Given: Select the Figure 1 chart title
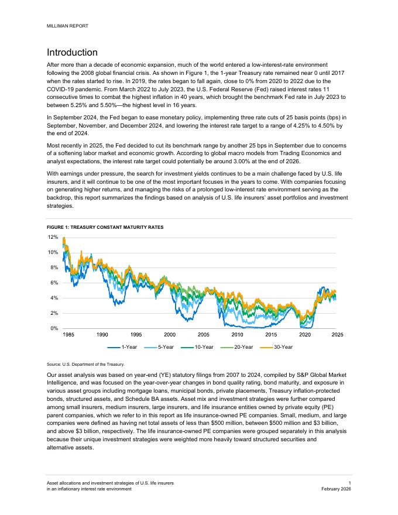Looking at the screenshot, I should coord(105,226).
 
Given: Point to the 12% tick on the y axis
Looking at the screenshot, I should coord(53,237).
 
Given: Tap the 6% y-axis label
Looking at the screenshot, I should coord(54,283).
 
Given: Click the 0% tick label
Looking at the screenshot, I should coord(54,328).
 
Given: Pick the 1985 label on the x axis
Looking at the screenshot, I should coord(68,335).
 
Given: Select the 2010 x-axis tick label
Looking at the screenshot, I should coord(237,335).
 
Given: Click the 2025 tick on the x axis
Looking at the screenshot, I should coord(337,335).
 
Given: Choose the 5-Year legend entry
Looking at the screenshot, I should coord(164,347).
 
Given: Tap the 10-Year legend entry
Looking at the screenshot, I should coord(202,347).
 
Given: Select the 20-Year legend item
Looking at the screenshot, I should coord(241,347).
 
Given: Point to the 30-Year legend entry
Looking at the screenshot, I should coord(280,347).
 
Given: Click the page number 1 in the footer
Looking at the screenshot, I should coord(349,482).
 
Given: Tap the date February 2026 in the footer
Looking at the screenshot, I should coord(336,489).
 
